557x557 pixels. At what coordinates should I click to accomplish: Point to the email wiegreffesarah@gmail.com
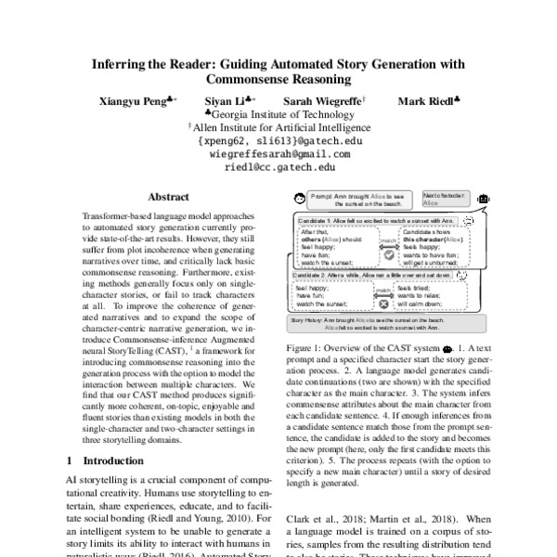(x=279, y=154)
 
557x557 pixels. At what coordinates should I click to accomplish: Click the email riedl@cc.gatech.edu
(x=279, y=167)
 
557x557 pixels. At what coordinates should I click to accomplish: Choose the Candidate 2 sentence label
(x=372, y=275)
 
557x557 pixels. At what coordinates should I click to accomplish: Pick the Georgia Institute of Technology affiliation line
(x=279, y=113)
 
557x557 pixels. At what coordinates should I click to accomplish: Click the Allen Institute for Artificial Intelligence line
(x=279, y=127)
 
